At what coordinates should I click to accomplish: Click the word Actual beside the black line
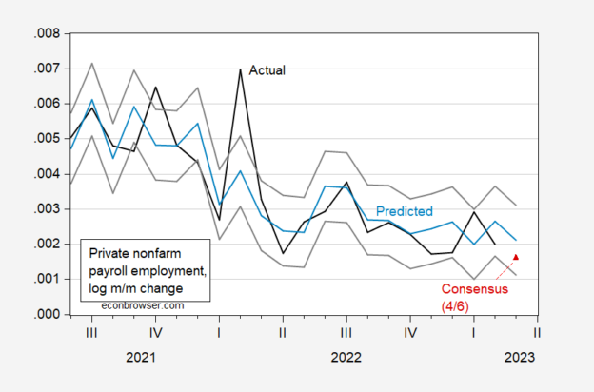(267, 69)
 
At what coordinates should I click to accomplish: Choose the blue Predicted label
(405, 210)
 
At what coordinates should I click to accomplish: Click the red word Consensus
(472, 288)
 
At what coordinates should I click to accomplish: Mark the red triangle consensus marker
(515, 257)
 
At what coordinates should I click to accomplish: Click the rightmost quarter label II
(538, 333)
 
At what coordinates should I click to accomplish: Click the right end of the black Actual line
(494, 245)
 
